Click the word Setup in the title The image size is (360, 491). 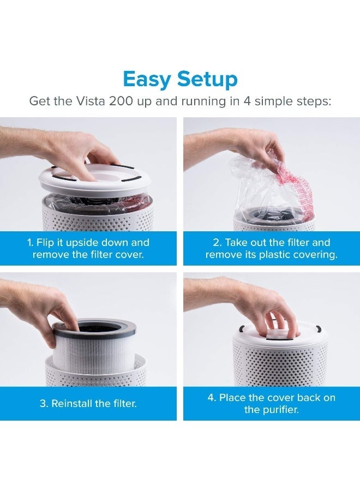[x=206, y=80]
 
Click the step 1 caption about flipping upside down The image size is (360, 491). [x=88, y=248]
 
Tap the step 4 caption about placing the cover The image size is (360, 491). [x=271, y=404]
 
